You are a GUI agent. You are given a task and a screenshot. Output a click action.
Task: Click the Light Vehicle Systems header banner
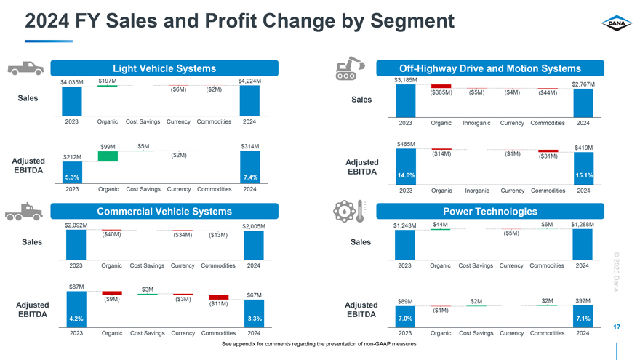(x=164, y=68)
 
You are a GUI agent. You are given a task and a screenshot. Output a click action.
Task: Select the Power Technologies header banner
(x=489, y=212)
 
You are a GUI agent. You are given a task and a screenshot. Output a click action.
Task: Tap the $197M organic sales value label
(x=108, y=80)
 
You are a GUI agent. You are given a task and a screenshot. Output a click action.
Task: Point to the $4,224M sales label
(x=249, y=81)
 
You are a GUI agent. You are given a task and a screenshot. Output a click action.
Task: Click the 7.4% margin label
(x=249, y=177)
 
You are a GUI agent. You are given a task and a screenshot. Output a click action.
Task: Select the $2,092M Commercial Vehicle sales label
(x=76, y=225)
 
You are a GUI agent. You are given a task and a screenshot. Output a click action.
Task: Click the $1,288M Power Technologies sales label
(x=583, y=225)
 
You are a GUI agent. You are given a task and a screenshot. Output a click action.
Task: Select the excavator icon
(x=349, y=67)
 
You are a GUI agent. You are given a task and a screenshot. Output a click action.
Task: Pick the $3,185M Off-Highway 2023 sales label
(x=405, y=79)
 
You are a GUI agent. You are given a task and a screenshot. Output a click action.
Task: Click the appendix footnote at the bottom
(x=319, y=343)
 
